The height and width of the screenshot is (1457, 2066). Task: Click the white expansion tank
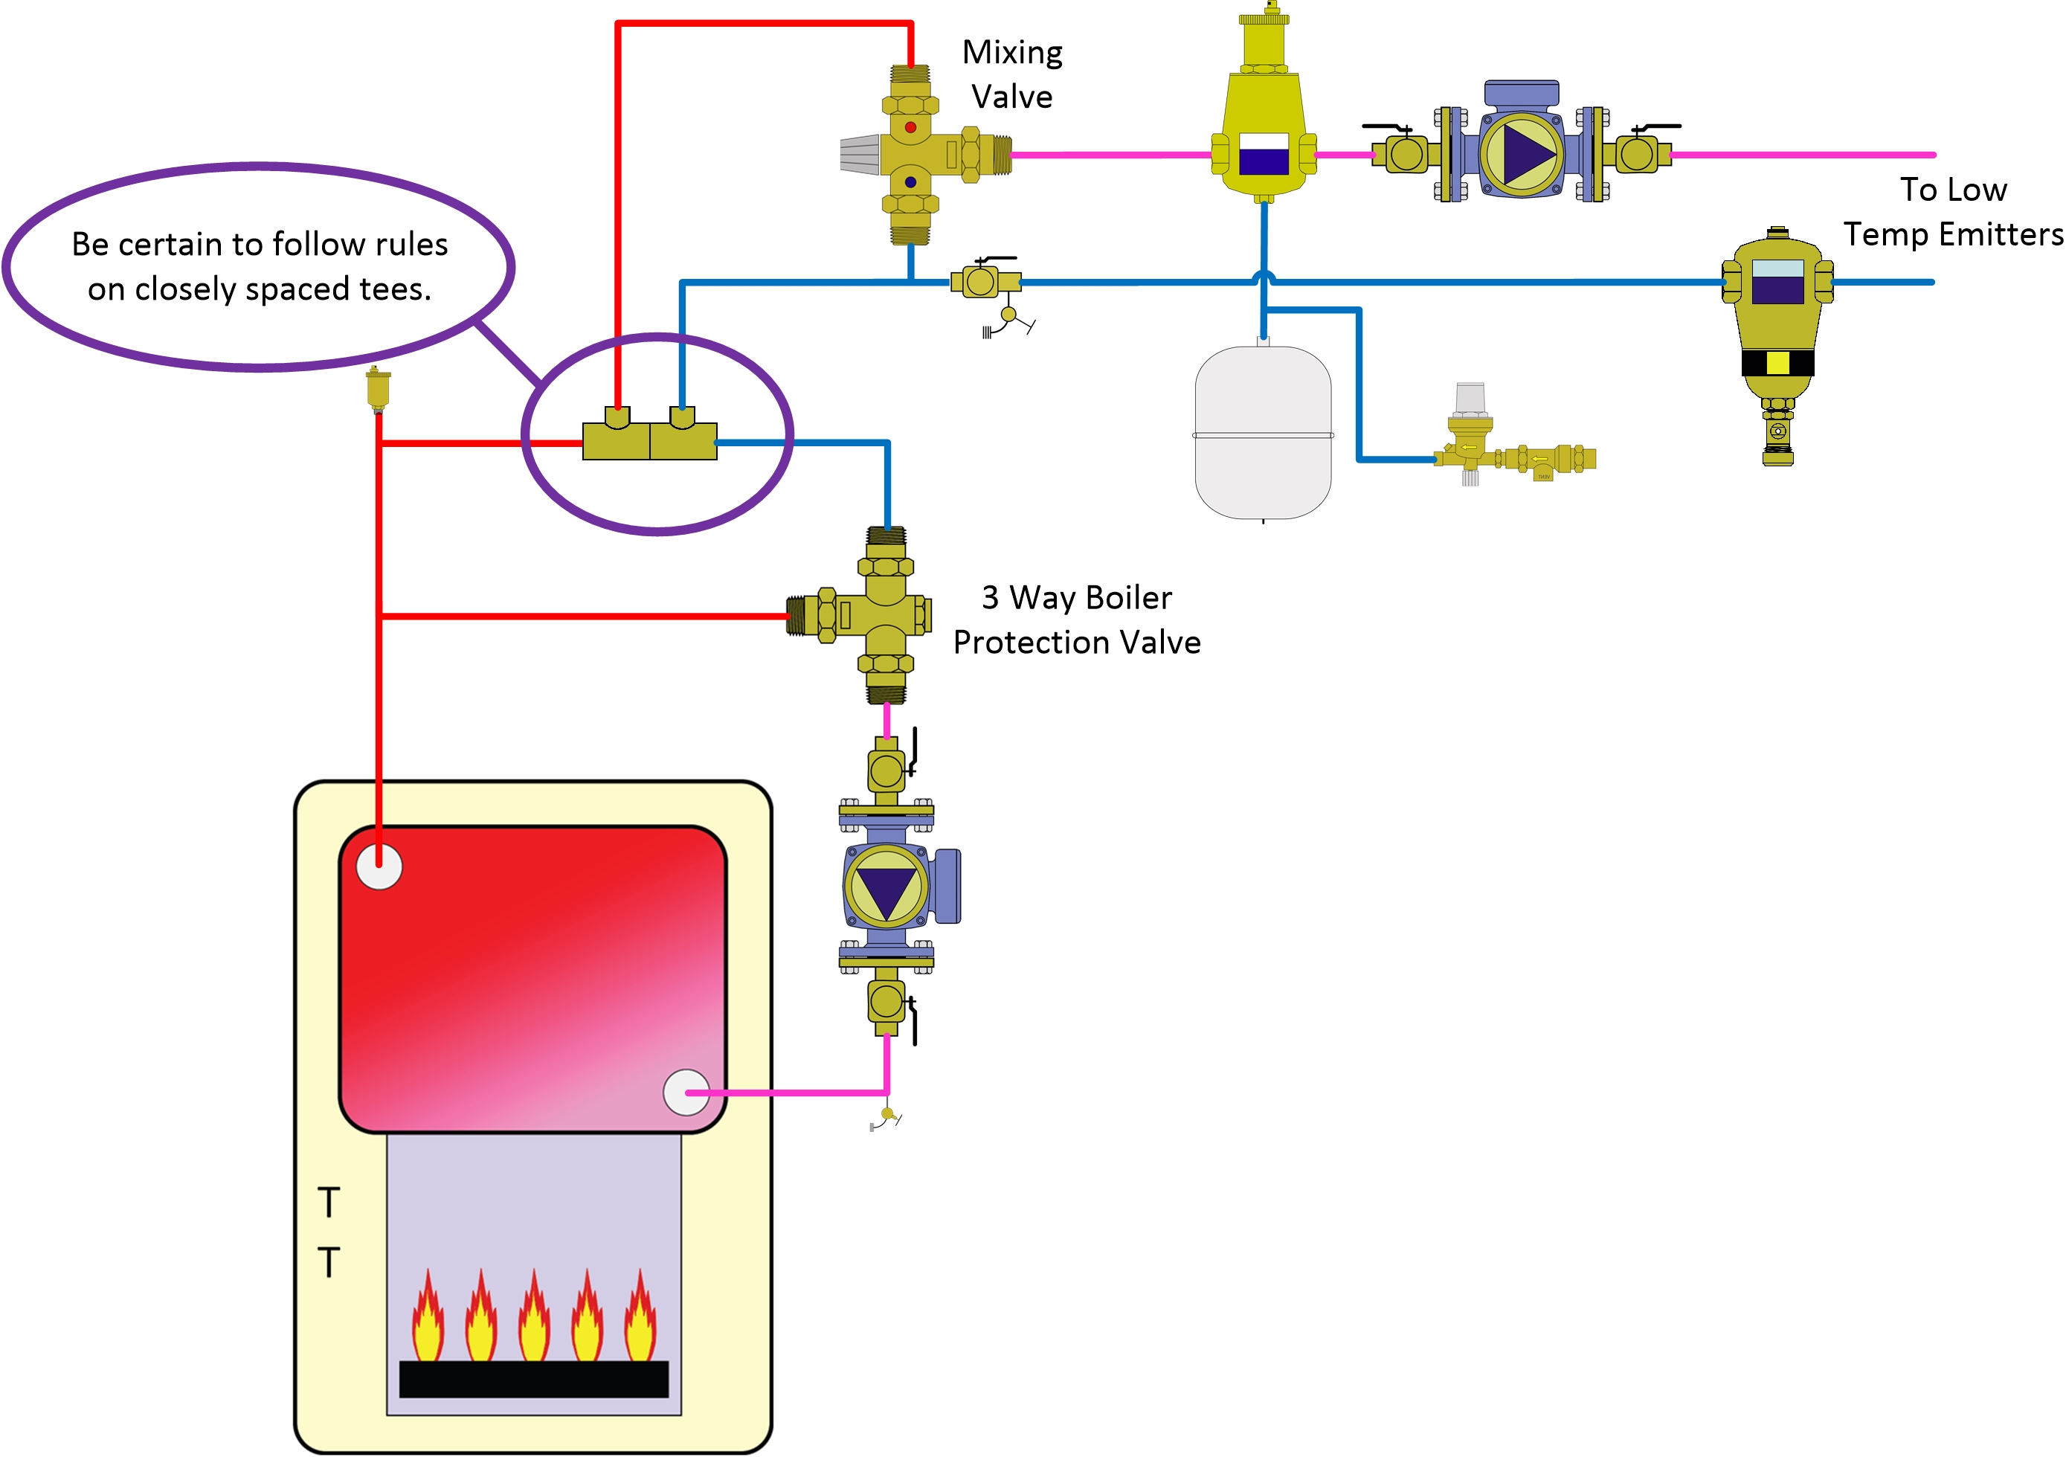pos(1263,432)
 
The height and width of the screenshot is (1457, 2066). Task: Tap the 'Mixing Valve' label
pos(1012,74)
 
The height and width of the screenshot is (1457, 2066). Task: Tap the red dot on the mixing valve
pos(910,128)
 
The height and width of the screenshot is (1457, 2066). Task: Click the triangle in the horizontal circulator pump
pos(1527,154)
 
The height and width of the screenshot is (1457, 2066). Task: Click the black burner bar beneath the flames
pos(533,1379)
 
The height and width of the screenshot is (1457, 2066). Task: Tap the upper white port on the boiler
pos(379,866)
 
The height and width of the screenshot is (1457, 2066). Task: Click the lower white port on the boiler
pos(686,1093)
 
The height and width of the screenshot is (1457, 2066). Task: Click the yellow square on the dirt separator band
pos(1777,363)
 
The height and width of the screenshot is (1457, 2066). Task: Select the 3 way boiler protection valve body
pos(886,616)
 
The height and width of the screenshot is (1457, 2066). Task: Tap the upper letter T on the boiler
pos(329,1203)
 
